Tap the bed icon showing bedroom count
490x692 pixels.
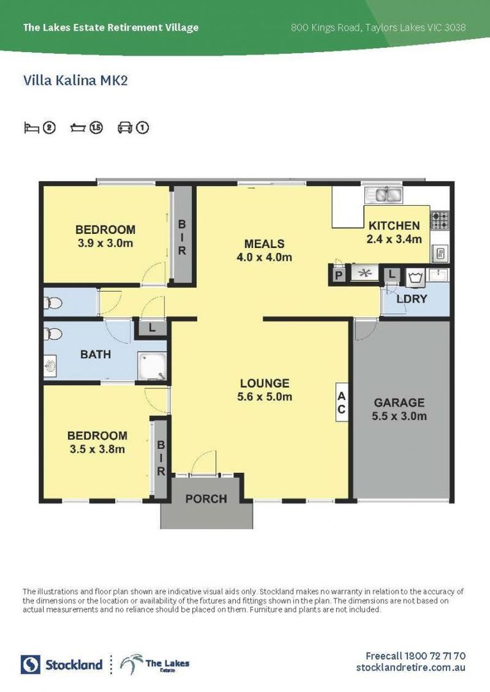click(x=31, y=128)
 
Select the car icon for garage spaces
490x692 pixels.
click(x=125, y=128)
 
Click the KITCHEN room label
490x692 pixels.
click(x=394, y=226)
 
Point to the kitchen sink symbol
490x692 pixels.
click(x=382, y=194)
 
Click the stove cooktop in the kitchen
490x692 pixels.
click(x=440, y=220)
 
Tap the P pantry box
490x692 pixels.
click(x=338, y=275)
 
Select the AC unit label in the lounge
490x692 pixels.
click(x=341, y=402)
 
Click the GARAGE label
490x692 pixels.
click(x=399, y=402)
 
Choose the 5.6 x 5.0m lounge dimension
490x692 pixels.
click(x=265, y=397)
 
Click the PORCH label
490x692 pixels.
click(x=206, y=498)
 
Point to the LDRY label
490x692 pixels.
click(x=411, y=299)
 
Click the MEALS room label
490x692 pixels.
click(x=264, y=243)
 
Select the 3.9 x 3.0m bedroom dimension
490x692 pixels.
click(x=105, y=243)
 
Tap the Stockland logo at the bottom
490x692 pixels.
click(x=62, y=664)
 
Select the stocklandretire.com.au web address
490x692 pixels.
click(x=411, y=668)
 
